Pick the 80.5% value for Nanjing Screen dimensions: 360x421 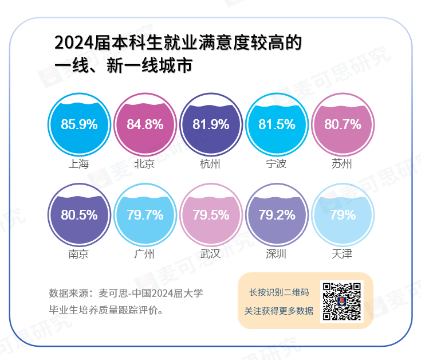coord(78,215)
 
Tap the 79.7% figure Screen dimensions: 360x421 coord(145,215)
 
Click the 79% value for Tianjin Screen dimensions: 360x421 coord(343,215)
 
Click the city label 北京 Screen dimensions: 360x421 coord(144,164)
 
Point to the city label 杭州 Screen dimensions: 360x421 coord(210,164)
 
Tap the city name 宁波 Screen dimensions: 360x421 coord(276,164)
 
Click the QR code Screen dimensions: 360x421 coord(341,301)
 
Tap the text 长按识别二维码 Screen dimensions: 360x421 coord(279,292)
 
